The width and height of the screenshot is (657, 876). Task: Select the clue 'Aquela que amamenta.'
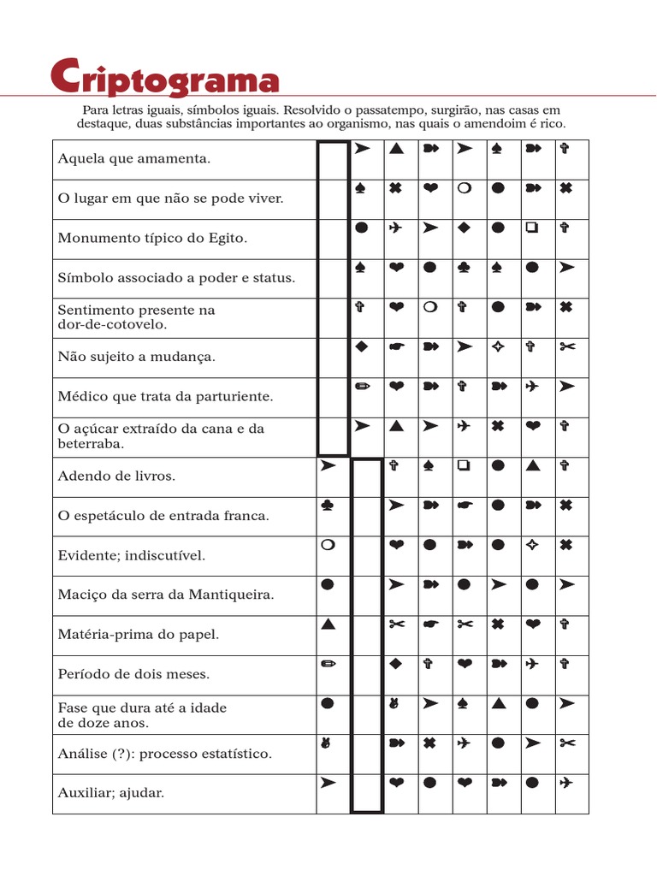pos(133,159)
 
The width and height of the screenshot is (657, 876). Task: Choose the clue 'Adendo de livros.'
pos(116,476)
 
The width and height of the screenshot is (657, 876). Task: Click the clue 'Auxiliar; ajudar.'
pos(111,793)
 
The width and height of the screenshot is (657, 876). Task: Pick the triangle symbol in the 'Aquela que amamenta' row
pos(395,149)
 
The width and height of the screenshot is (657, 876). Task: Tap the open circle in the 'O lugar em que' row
pos(464,188)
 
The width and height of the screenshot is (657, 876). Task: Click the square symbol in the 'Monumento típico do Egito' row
pos(531,228)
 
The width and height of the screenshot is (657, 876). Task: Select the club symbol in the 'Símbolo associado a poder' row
pos(464,268)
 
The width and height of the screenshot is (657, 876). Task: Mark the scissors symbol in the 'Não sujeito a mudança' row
pos(565,346)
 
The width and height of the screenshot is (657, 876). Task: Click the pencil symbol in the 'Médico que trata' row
pos(362,387)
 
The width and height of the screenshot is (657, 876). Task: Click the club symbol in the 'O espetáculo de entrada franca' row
pos(327,506)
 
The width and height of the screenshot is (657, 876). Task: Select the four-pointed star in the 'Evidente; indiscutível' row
pos(531,545)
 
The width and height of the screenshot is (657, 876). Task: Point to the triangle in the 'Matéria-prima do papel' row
pos(327,624)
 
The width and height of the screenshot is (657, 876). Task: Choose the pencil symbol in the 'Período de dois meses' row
pos(327,664)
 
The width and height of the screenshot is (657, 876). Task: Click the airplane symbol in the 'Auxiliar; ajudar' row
pos(565,783)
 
